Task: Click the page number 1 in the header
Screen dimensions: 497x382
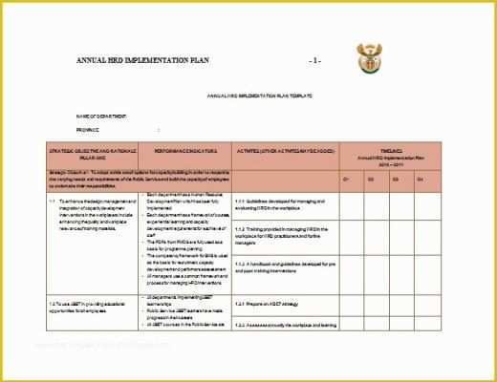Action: pos(315,60)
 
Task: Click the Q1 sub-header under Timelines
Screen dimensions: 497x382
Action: pos(346,179)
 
